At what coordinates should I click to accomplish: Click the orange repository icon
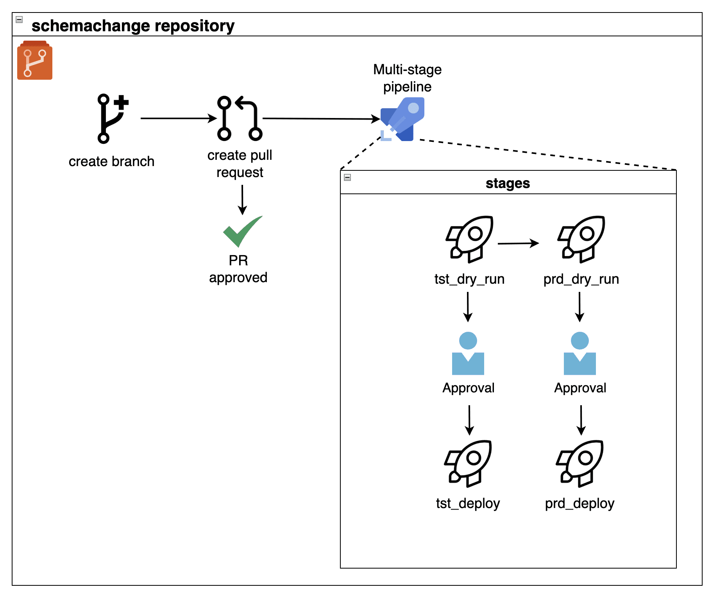coord(34,61)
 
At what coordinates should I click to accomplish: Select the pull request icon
coord(239,118)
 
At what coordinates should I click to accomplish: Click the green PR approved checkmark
coord(242,231)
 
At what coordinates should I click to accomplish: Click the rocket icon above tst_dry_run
coord(469,239)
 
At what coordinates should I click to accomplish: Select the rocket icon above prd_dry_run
coord(581,239)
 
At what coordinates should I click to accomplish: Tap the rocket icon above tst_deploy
coord(468,463)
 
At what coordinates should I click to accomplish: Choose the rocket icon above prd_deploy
coord(579,463)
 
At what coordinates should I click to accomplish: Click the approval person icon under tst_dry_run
coord(468,353)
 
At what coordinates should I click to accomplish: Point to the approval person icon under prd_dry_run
coord(579,353)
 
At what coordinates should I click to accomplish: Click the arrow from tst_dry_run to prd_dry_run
coord(518,243)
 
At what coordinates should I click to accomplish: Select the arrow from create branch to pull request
coord(178,118)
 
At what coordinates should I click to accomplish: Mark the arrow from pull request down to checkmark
coord(242,199)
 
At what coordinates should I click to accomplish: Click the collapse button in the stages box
coord(347,177)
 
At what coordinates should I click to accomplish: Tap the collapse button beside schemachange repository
coord(19,20)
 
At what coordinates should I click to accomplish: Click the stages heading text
coord(508,183)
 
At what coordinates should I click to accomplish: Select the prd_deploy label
coord(579,503)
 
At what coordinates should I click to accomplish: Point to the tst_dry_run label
coord(469,279)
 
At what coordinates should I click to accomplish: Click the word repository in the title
coord(194,26)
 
